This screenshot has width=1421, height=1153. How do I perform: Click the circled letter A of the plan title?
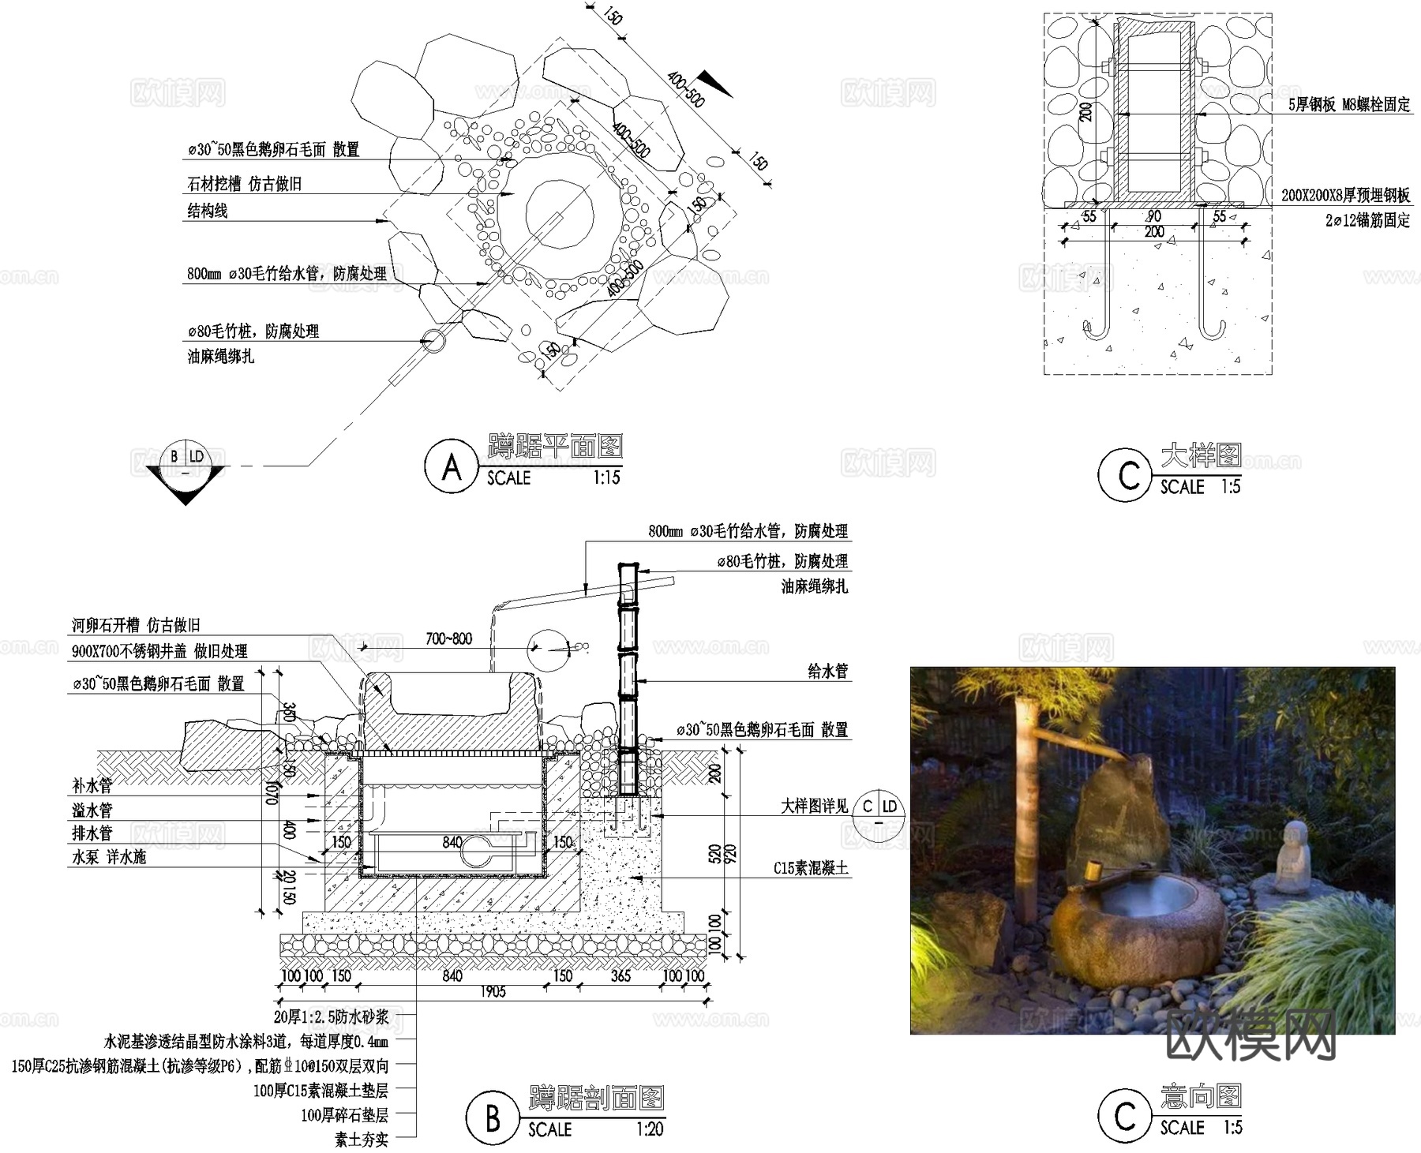point(451,467)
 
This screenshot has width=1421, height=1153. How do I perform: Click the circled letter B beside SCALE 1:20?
point(492,1117)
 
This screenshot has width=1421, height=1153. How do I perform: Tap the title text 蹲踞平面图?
point(555,447)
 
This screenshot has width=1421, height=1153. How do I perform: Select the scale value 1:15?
point(606,478)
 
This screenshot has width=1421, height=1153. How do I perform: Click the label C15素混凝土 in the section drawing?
point(811,868)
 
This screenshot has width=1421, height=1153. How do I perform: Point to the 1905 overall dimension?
point(493,992)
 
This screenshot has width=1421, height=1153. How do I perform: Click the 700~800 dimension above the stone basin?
point(448,638)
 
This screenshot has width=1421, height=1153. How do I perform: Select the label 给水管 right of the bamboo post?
point(827,671)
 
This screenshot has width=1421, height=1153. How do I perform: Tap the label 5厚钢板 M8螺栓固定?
point(1349,104)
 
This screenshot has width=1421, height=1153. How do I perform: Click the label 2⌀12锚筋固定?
point(1367,220)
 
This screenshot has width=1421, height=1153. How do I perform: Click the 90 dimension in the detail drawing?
point(1153,216)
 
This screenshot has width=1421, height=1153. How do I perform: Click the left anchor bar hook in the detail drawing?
point(1094,331)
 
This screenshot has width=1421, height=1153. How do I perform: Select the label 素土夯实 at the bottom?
point(362,1140)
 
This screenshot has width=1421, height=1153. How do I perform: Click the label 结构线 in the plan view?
point(207,211)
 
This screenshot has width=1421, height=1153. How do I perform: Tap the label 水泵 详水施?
point(109,857)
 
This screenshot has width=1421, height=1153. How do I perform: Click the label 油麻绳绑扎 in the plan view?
point(220,357)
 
